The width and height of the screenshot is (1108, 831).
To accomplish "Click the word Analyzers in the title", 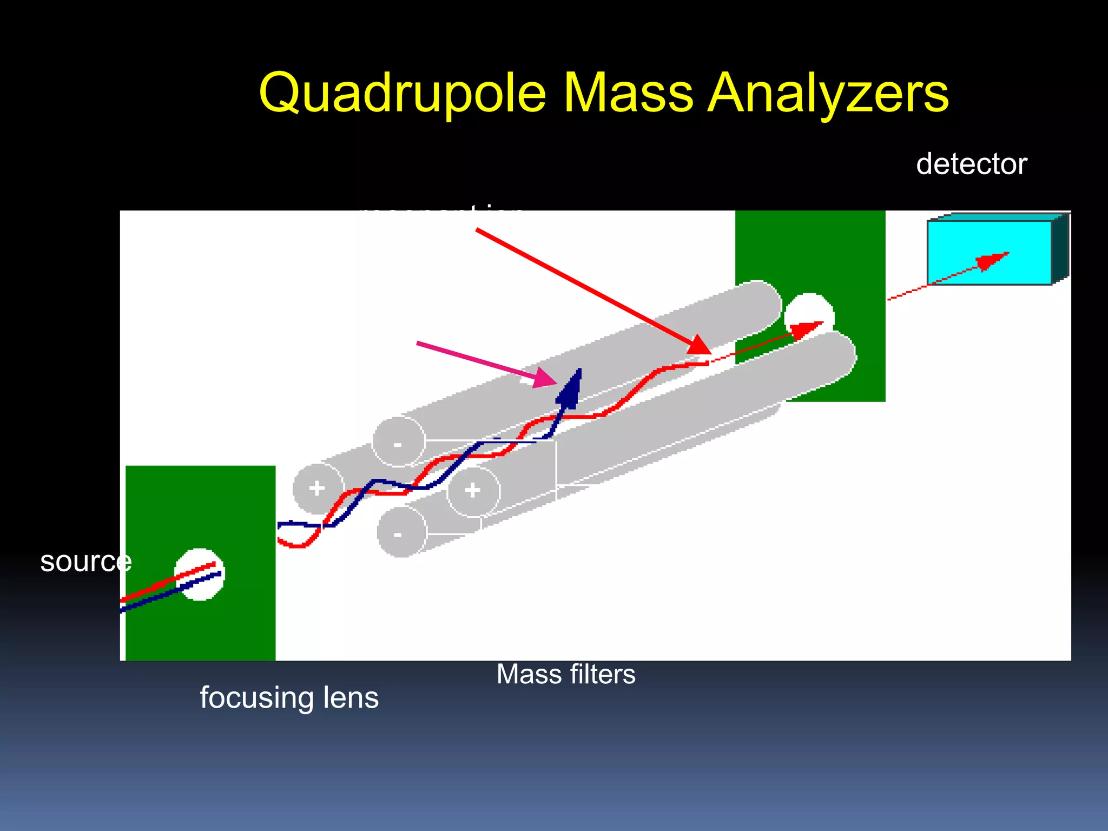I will coord(828,93).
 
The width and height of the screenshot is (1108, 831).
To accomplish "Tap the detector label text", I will coord(971,164).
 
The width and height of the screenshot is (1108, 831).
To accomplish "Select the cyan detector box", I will coord(989,252).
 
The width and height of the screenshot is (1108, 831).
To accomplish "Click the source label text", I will coord(85,562).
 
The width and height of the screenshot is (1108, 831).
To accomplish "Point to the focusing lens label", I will coord(289,697).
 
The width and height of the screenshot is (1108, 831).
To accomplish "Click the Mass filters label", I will coord(566,675).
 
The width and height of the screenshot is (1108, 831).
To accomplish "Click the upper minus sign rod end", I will coord(398,443).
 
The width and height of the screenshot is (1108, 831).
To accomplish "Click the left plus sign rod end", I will coord(318,488).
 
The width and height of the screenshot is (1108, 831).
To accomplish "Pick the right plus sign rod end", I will coord(473,490).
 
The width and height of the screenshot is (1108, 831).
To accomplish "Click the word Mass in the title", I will coord(628,93).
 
